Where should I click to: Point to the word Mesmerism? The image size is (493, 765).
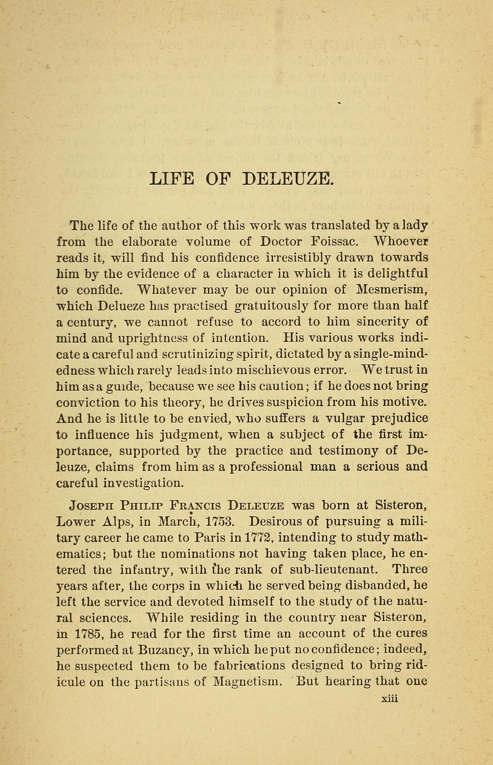[392, 289]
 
